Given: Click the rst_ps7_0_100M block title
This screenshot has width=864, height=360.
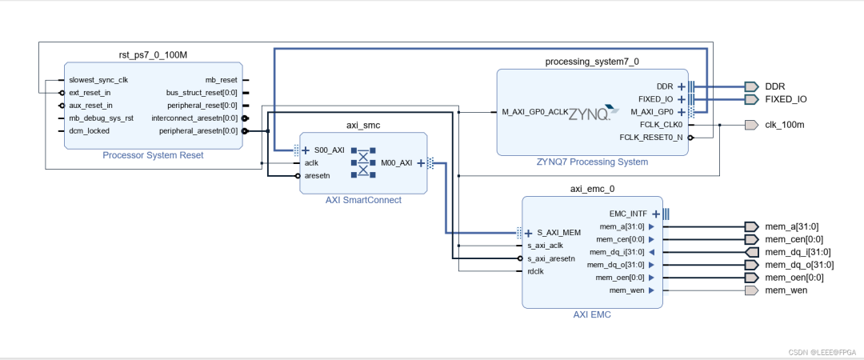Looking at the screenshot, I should coord(153,54).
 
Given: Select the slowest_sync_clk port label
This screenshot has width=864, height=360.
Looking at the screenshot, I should coord(98,80).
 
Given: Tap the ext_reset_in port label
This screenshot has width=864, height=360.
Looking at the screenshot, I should coord(90,93).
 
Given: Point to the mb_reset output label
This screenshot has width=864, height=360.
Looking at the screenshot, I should coord(222,80).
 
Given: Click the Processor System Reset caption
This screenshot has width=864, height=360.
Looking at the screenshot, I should coord(153,155).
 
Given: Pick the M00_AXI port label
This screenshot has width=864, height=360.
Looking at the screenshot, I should coord(396,162).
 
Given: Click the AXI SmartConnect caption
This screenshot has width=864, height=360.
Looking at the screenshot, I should coord(363,200).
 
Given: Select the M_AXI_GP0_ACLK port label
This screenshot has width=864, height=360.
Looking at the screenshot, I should coord(534,112).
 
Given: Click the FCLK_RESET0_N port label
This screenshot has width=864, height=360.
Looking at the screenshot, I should coord(651,138).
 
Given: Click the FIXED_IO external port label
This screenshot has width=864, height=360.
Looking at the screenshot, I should coord(786,99).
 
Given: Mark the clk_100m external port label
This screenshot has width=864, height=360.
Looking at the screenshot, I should coord(785,125).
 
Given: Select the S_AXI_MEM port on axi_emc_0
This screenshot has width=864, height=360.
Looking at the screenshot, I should coord(558,233).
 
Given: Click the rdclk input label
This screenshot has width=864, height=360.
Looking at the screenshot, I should coord(535,271).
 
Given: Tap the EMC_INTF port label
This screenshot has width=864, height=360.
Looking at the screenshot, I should coord(628,214).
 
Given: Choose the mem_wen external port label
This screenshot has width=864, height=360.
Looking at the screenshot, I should coord(786,290).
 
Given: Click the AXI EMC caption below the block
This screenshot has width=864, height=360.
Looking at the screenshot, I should coord(592,314).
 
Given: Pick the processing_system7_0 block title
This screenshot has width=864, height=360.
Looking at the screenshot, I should coord(592,61).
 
